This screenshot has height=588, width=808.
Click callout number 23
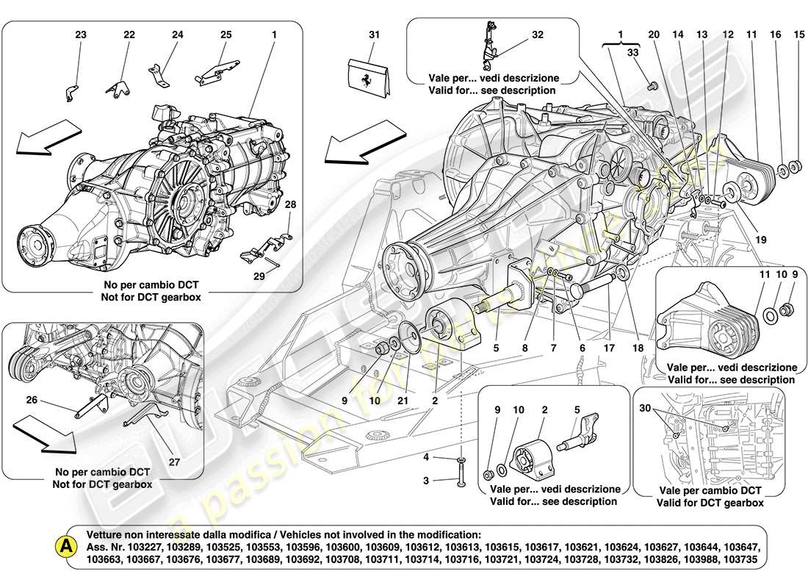(x=80, y=35)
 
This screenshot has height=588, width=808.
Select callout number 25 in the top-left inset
(x=226, y=35)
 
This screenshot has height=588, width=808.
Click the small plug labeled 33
(x=652, y=85)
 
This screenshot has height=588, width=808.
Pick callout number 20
(x=654, y=35)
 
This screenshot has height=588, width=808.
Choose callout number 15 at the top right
(x=799, y=35)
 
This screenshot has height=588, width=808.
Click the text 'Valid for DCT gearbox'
(x=710, y=503)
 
